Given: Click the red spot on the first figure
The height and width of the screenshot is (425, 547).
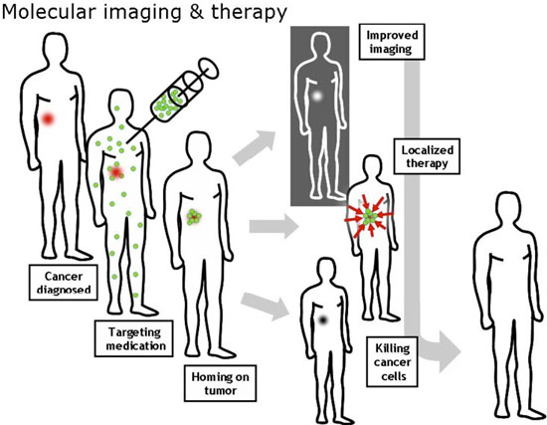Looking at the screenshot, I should click(x=48, y=118).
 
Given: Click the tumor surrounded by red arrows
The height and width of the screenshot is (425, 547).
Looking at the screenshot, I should click(x=370, y=216).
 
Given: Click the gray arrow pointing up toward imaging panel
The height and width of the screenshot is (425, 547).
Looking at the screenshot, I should click(x=255, y=145).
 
